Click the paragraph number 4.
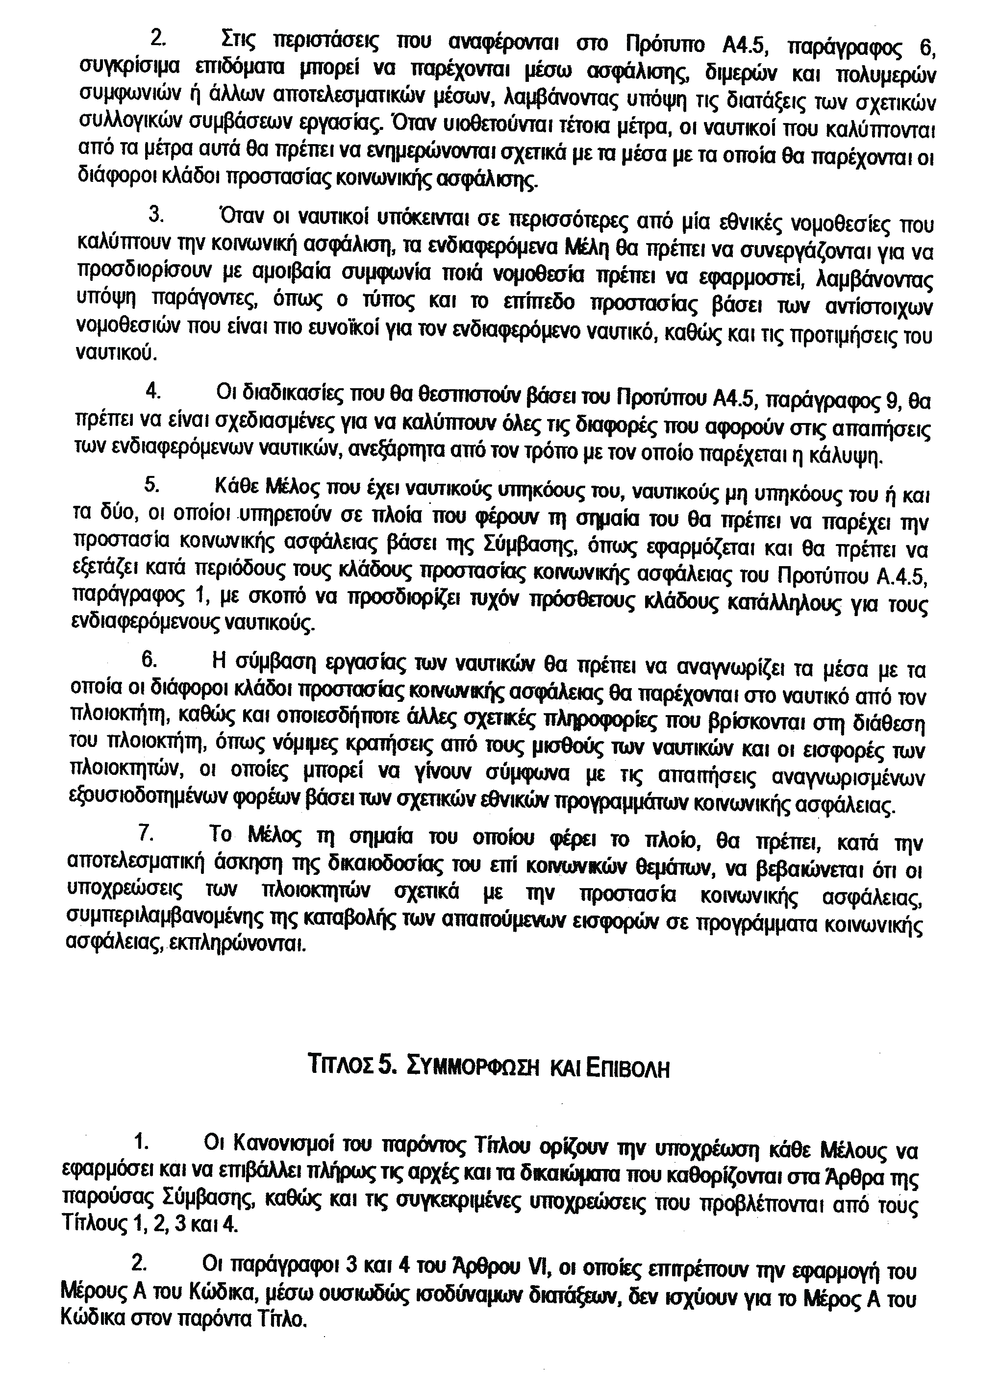[x=151, y=391]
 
